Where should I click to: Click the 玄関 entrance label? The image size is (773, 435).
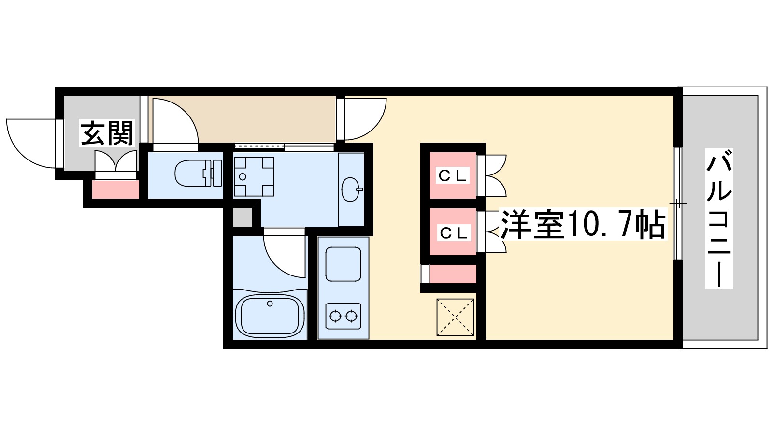click(x=106, y=134)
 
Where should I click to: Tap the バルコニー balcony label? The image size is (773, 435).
click(x=719, y=218)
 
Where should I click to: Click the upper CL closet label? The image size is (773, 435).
click(x=453, y=175)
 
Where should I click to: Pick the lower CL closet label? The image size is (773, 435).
click(x=453, y=233)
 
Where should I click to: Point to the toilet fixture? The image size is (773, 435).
click(x=198, y=173)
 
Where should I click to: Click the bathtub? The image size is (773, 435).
click(x=270, y=316)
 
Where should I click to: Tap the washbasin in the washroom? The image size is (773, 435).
click(x=351, y=189)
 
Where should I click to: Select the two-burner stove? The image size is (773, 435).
click(x=343, y=317)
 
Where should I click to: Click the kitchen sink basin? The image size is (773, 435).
click(x=343, y=264)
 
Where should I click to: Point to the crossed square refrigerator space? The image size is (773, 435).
click(x=456, y=317)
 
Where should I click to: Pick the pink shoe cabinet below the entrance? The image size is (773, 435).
click(x=115, y=189)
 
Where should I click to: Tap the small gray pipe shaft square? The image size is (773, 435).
click(x=242, y=217)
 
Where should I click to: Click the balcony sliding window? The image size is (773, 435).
click(x=677, y=204)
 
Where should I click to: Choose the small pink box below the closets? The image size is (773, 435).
click(x=453, y=274)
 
